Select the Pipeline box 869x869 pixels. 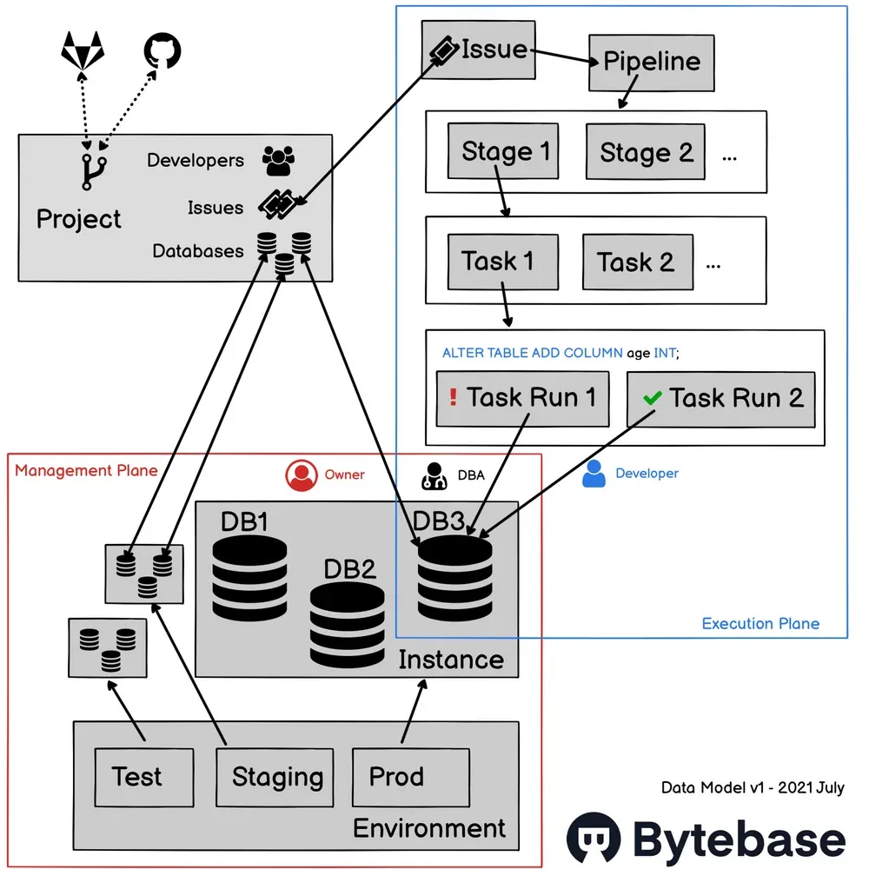point(652,62)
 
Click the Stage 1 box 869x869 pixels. point(504,152)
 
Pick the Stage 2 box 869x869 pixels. point(645,153)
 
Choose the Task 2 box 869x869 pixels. point(637,262)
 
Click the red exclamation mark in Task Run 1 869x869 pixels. point(453,398)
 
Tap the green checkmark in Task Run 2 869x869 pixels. point(652,398)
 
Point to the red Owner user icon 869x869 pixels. point(301,474)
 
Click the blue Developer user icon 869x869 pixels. point(594,474)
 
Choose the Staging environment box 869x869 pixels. point(275,776)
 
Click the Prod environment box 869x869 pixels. point(410,775)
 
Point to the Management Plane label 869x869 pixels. point(86,470)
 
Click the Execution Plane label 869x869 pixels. point(760,623)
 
